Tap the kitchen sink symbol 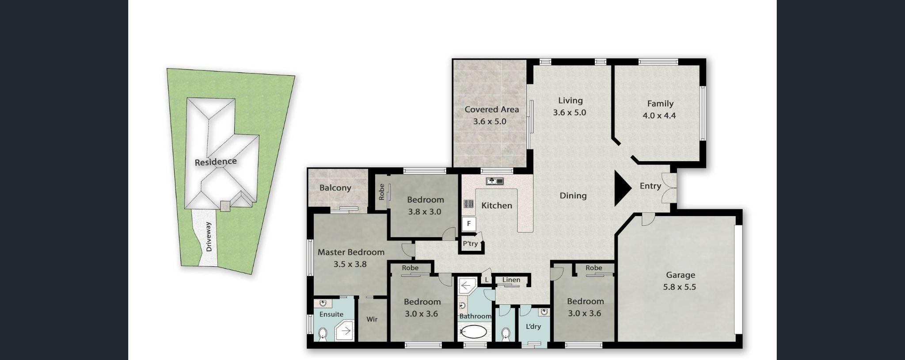[x=494, y=181]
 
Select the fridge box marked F [x=468, y=224]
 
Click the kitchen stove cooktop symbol [x=468, y=204]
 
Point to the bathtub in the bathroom [x=474, y=332]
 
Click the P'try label [x=470, y=243]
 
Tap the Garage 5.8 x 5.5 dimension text [x=679, y=287]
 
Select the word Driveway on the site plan [x=209, y=237]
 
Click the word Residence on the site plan [x=216, y=162]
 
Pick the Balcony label [x=335, y=188]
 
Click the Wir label [x=372, y=319]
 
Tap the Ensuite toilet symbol [x=323, y=333]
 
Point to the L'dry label [x=533, y=326]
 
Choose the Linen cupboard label [x=511, y=280]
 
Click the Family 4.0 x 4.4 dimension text [x=659, y=116]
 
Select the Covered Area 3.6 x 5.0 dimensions [x=490, y=121]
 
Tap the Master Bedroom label [x=351, y=252]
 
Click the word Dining [x=573, y=196]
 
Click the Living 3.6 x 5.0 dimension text [x=570, y=113]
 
